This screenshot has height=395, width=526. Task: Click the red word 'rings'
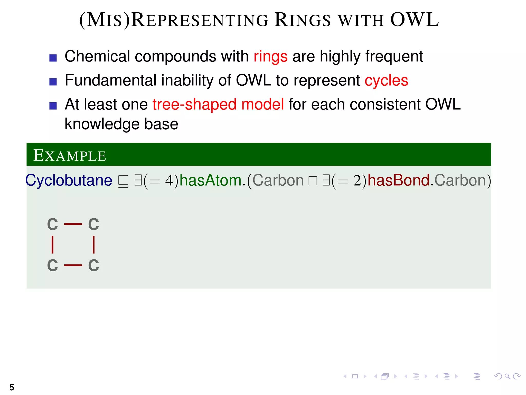[x=270, y=57]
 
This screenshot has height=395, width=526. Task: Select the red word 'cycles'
[x=386, y=81]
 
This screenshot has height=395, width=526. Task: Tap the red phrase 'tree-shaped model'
[x=218, y=105]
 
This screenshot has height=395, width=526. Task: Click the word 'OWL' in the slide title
[x=414, y=20]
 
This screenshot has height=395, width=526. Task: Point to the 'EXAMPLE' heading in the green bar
[x=70, y=156]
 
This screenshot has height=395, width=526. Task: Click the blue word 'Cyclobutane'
[x=69, y=180]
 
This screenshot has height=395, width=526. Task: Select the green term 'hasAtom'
[x=210, y=180]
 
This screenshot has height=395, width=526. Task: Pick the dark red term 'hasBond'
[x=399, y=180]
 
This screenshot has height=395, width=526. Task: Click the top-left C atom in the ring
[x=53, y=224]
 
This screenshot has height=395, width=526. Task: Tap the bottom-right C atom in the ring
[x=93, y=265]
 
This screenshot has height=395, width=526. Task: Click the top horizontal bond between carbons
[x=73, y=224]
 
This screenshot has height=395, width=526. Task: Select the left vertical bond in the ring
[x=53, y=245]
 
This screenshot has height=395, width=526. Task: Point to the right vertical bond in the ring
[x=93, y=245]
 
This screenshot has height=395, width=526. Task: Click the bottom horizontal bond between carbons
[x=73, y=265]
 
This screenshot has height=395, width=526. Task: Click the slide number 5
[x=12, y=387]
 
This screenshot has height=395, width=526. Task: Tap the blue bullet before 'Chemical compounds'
[x=53, y=58]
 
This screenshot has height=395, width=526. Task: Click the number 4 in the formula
[x=170, y=181]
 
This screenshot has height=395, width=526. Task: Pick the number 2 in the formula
[x=357, y=181]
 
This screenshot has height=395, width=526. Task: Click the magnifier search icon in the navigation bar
[x=507, y=376]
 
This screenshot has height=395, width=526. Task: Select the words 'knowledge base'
[x=121, y=124]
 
